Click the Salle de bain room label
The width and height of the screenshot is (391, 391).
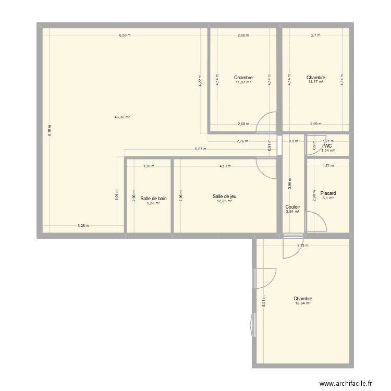pyautogui.click(x=154, y=198)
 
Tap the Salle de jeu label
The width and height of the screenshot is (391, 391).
pyautogui.click(x=225, y=197)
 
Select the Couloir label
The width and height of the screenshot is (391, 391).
pyautogui.click(x=292, y=207)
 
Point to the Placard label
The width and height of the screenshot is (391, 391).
pyautogui.click(x=328, y=192)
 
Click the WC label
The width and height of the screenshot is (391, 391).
pyautogui.click(x=328, y=146)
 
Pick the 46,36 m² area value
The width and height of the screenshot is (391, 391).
pyautogui.click(x=122, y=117)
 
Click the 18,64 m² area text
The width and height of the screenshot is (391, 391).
pyautogui.click(x=302, y=303)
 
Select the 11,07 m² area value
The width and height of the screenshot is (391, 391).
pyautogui.click(x=243, y=82)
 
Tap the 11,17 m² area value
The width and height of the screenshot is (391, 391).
pyautogui.click(x=316, y=82)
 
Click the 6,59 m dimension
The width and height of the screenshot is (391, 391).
pyautogui.click(x=124, y=35)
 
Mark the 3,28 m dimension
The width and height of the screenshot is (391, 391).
pyautogui.click(x=83, y=226)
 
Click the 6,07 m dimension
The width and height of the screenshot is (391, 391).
pyautogui.click(x=201, y=149)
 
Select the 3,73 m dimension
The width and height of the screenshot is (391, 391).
pyautogui.click(x=303, y=246)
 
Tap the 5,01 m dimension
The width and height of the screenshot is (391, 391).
pyautogui.click(x=264, y=302)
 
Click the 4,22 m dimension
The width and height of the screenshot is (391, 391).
pyautogui.click(x=201, y=84)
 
